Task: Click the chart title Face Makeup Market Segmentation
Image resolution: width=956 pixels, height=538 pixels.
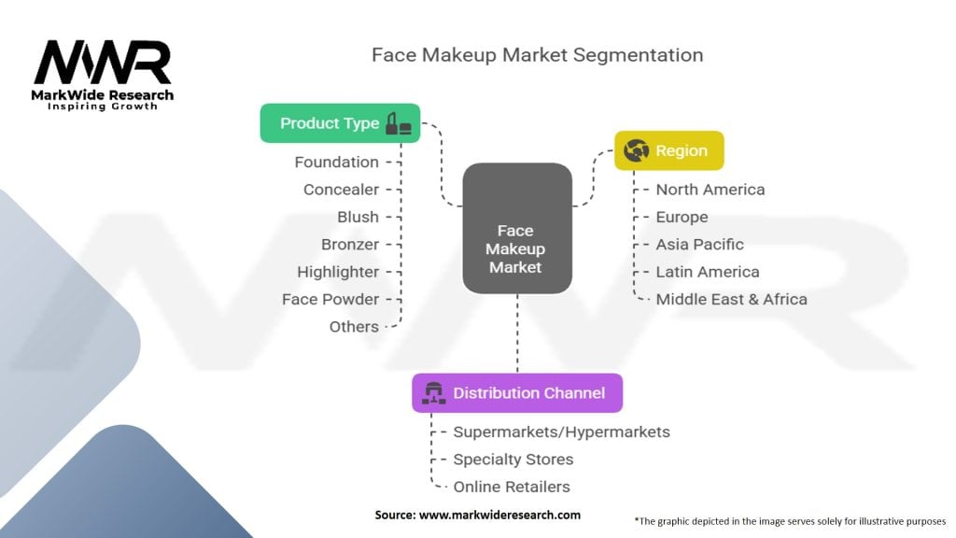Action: [537, 54]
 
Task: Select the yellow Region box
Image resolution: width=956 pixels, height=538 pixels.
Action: [668, 150]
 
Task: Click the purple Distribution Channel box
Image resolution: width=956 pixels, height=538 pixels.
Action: [516, 393]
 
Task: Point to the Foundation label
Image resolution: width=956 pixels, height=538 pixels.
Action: [336, 163]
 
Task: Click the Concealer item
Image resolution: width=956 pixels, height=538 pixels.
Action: [341, 190]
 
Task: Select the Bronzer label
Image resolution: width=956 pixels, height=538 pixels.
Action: [350, 245]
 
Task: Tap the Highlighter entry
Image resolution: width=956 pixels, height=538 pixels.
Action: [338, 272]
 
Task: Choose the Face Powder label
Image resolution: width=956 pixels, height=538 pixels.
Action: [330, 299]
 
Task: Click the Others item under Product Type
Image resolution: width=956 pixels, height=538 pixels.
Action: [354, 327]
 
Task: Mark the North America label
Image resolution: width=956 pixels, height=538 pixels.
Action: [710, 190]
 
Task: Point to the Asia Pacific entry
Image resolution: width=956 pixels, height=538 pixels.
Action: [699, 245]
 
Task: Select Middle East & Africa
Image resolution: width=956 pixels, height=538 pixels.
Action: [731, 300]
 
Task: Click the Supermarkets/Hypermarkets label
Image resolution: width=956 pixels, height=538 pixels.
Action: [561, 432]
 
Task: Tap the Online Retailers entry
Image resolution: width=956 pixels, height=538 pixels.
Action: [511, 487]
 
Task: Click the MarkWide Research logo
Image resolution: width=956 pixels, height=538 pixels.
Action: [103, 75]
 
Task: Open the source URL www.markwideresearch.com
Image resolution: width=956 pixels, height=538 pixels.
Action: [499, 515]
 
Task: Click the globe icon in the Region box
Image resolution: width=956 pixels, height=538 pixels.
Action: [636, 150]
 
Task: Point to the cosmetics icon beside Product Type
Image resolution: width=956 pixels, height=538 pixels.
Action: [399, 123]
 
